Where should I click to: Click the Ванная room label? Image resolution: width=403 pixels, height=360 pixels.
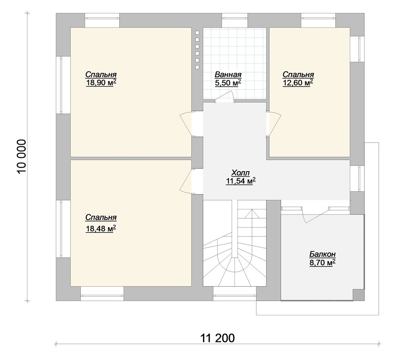point(228,74)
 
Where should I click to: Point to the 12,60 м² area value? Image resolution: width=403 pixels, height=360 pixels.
point(298,83)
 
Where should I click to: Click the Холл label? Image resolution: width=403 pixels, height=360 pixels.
point(241,172)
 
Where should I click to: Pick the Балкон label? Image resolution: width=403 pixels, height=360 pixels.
point(322,254)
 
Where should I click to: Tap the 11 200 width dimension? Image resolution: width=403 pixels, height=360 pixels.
point(218,338)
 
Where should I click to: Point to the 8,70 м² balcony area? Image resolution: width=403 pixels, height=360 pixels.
point(322,263)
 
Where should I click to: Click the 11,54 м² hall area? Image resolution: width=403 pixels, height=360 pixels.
point(241,181)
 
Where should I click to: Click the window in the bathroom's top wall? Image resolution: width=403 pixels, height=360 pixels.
point(235,18)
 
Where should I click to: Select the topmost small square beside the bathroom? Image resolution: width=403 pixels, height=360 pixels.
point(197,33)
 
